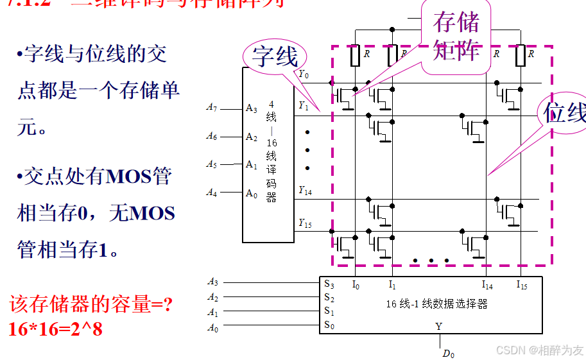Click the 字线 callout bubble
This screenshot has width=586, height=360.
tap(275, 56)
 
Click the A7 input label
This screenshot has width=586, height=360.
tap(212, 108)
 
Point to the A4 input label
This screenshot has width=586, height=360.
tap(212, 193)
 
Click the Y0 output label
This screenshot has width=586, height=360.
tap(304, 74)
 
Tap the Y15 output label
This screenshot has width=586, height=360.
tap(305, 223)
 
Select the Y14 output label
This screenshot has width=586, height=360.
tap(305, 191)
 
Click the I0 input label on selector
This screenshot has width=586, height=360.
tap(356, 284)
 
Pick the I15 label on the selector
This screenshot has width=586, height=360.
tap(521, 284)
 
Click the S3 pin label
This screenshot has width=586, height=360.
tap(329, 284)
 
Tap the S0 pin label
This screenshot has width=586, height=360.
tap(329, 325)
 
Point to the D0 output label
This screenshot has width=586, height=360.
tap(448, 354)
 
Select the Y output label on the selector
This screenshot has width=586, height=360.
tap(439, 326)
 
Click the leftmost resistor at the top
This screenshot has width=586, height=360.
tap(356, 56)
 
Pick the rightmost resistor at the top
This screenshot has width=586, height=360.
tap(521, 56)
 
